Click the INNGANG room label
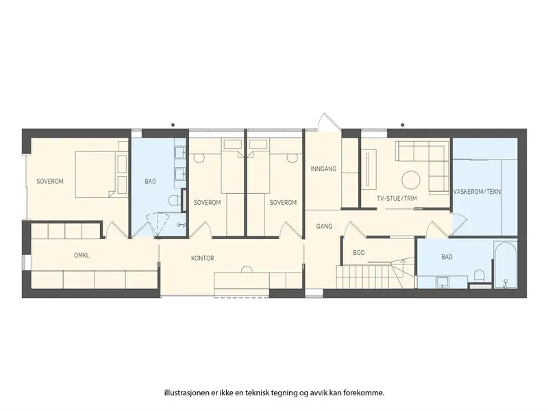click(323, 169)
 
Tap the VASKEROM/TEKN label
click(477, 192)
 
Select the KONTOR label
click(202, 258)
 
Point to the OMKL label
click(82, 255)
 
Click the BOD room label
click(358, 252)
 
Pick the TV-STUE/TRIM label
click(397, 199)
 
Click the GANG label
click(324, 226)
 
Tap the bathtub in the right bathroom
click(505, 265)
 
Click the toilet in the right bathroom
click(479, 275)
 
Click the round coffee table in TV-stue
click(410, 180)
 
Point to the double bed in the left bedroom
click(95, 174)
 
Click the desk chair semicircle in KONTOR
click(247, 269)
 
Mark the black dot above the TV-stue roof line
click(403, 125)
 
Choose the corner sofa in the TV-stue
click(422, 167)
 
